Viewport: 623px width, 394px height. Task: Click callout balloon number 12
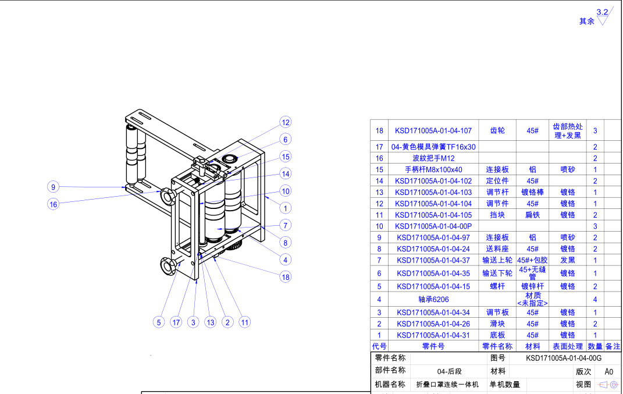click(x=285, y=123)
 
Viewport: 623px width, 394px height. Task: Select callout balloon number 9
click(x=53, y=187)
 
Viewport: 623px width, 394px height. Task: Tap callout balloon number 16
click(x=53, y=204)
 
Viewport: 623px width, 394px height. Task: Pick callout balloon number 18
click(x=285, y=277)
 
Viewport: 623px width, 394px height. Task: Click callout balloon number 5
click(x=158, y=322)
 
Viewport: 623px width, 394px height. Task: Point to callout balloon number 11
click(x=244, y=322)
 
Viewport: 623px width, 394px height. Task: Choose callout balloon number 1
click(x=285, y=208)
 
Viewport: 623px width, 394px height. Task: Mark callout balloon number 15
click(x=285, y=157)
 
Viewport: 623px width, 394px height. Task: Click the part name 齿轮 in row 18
click(x=497, y=131)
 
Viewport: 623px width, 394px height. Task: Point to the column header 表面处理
click(x=567, y=346)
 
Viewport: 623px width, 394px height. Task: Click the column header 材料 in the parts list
click(x=532, y=346)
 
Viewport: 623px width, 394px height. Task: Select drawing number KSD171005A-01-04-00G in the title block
click(x=555, y=358)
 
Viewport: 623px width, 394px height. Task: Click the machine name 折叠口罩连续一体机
click(x=447, y=385)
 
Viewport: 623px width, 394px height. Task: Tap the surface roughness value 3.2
click(x=602, y=12)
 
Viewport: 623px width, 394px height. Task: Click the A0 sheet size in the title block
click(x=608, y=371)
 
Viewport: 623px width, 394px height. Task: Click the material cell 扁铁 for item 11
click(x=532, y=215)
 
